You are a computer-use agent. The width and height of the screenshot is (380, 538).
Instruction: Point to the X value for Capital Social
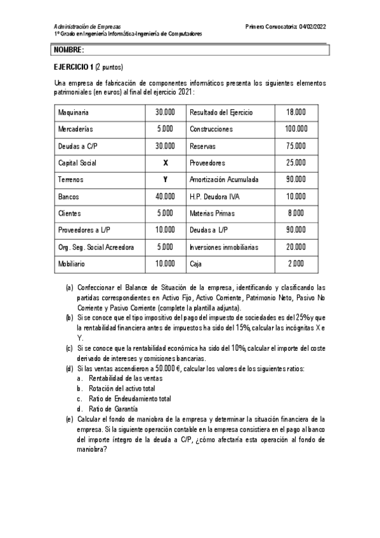coord(165,162)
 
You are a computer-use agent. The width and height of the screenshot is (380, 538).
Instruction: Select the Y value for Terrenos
coord(165,180)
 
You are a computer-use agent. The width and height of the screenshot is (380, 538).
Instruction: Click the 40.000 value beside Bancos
coord(165,196)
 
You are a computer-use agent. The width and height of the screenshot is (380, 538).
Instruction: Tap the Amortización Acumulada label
coord(223,180)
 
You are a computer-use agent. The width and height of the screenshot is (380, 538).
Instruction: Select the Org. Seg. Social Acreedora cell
coord(96,246)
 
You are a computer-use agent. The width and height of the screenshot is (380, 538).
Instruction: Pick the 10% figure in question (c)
coord(237,348)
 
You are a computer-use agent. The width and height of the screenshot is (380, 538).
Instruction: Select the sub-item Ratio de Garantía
coord(113,409)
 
